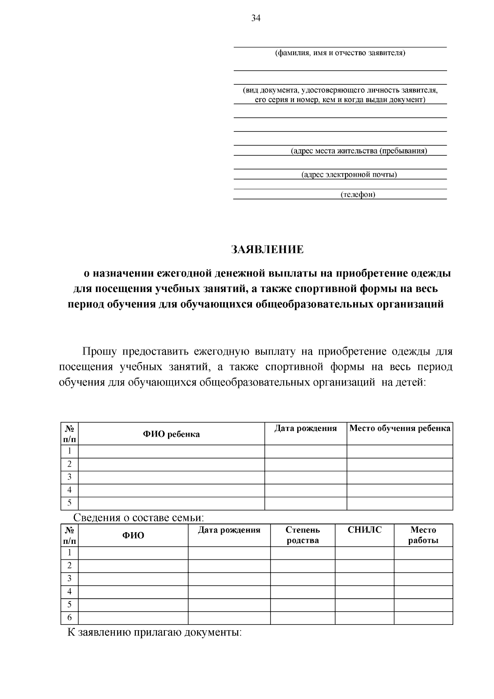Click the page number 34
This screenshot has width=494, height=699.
pyautogui.click(x=256, y=18)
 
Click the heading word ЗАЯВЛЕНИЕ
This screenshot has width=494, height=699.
pyautogui.click(x=267, y=250)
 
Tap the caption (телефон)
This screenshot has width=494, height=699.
pyautogui.click(x=358, y=195)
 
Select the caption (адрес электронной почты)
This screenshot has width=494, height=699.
pyautogui.click(x=349, y=175)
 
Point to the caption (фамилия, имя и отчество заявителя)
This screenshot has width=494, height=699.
pyautogui.click(x=340, y=53)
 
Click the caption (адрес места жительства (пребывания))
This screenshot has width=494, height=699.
pyautogui.click(x=359, y=151)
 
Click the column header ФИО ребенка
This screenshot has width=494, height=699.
pyautogui.click(x=171, y=434)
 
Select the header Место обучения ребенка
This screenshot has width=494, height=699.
pyautogui.click(x=399, y=428)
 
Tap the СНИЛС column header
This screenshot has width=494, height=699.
pyautogui.click(x=364, y=530)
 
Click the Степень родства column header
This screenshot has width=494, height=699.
pyautogui.click(x=303, y=535)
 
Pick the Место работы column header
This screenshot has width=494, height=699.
pyautogui.click(x=423, y=535)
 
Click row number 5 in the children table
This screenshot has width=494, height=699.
pyautogui.click(x=70, y=503)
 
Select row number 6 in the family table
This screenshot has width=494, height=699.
pyautogui.click(x=70, y=617)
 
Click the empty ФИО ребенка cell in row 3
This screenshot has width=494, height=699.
pyautogui.click(x=171, y=477)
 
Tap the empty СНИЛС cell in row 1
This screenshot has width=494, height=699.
pyautogui.click(x=364, y=553)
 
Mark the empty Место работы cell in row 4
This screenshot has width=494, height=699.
pyautogui.click(x=423, y=591)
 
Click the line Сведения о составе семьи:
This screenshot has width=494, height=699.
pyautogui.click(x=139, y=518)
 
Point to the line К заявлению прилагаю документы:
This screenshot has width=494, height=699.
pyautogui.click(x=154, y=632)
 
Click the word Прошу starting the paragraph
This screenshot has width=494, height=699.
pyautogui.click(x=99, y=352)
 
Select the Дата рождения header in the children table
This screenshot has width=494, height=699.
pyautogui.click(x=305, y=428)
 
